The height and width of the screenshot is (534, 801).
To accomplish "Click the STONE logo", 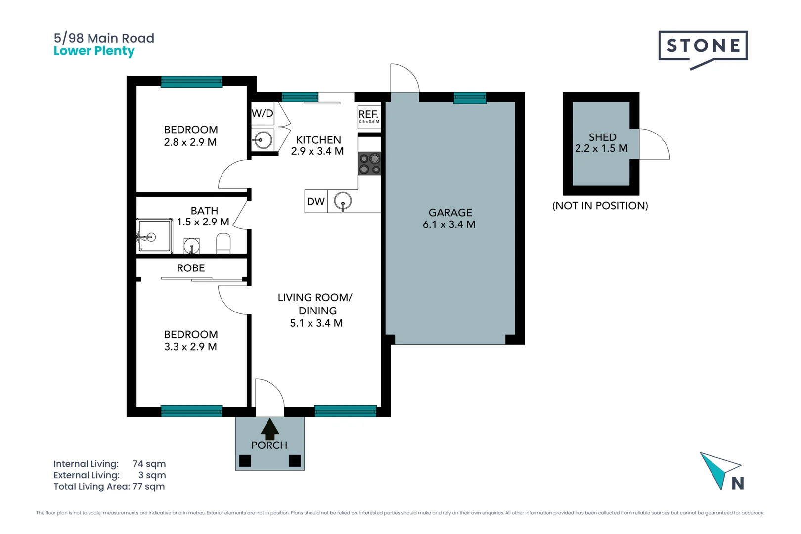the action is tap(703, 49).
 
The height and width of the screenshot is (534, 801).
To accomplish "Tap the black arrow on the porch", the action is tap(269, 429).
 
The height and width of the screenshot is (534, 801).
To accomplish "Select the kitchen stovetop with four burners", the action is tap(369, 164).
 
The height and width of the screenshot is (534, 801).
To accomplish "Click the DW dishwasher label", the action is tap(316, 201).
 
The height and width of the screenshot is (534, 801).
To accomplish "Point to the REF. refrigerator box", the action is tap(369, 117).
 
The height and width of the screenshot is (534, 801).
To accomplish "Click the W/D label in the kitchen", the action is tap(263, 113).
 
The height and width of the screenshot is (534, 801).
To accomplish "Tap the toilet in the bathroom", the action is tap(223, 243).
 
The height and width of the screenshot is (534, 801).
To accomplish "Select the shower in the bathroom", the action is tap(154, 236).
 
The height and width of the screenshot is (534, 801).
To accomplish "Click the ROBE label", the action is tap(191, 268).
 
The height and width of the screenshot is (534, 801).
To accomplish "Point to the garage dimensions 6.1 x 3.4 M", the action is tap(449, 224).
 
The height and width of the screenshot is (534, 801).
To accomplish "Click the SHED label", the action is tap(603, 137).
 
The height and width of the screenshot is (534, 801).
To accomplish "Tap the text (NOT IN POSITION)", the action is tap(600, 206).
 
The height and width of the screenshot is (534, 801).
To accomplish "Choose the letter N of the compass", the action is tap(738, 483).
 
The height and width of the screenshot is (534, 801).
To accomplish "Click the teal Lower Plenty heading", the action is tap(94, 51).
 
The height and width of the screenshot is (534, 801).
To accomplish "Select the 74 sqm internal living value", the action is tap(149, 464).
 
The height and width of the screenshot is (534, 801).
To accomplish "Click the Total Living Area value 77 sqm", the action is tap(148, 487).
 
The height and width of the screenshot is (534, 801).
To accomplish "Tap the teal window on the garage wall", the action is tap(470, 98).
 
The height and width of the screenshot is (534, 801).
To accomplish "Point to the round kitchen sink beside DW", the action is tap(343, 201).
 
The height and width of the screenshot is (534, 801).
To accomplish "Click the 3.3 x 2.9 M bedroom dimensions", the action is tap(190, 347).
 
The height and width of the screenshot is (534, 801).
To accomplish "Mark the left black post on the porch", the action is tap(245, 461).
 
